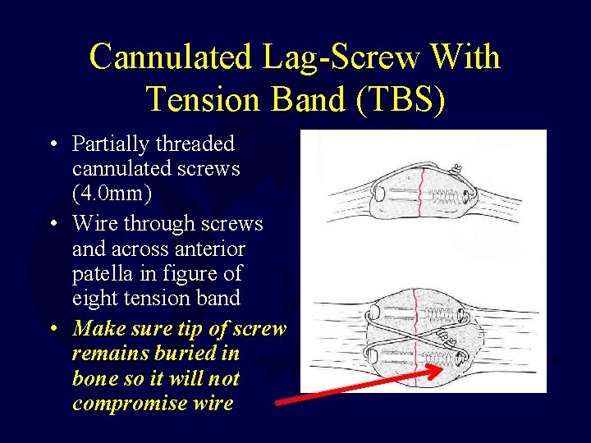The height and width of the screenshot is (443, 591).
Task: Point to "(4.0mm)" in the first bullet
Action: pyautogui.click(x=113, y=194)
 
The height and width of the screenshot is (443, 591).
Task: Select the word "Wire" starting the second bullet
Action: pyautogui.click(x=94, y=223)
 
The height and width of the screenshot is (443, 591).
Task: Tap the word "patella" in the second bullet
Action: pyautogui.click(x=102, y=273)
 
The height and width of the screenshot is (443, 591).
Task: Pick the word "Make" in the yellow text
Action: pyautogui.click(x=97, y=329)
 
